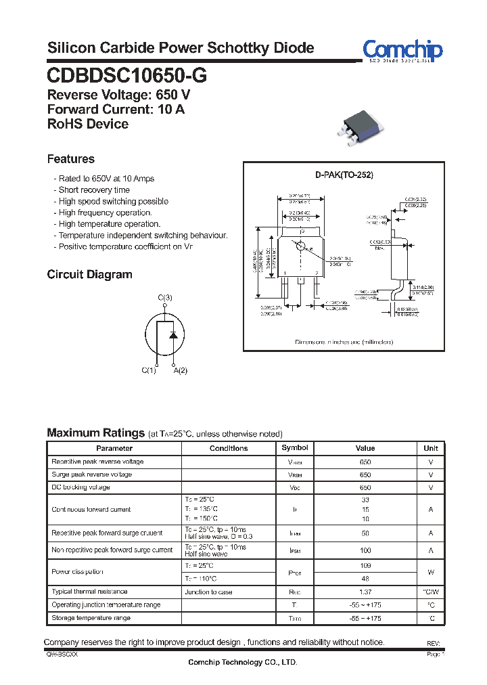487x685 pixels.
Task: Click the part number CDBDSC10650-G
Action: (127, 76)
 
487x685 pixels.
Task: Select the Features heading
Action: (70, 159)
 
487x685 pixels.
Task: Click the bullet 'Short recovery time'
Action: (94, 190)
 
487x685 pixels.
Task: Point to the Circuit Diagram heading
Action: (89, 275)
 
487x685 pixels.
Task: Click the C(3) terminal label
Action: (165, 298)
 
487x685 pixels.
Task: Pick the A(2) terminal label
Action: (181, 370)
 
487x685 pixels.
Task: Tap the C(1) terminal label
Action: (149, 370)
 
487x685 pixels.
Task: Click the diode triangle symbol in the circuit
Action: (173, 334)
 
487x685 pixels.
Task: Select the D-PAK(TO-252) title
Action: (344, 175)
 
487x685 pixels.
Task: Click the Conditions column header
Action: (229, 448)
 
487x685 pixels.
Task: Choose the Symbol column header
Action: (295, 448)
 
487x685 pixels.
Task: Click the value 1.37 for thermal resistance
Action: (365, 592)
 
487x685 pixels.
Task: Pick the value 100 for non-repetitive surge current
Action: (365, 551)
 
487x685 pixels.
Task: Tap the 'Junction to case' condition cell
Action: (208, 592)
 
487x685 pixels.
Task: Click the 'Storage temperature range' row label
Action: (91, 618)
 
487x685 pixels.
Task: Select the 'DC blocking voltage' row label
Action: (81, 487)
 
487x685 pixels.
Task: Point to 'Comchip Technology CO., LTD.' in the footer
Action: (243, 662)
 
